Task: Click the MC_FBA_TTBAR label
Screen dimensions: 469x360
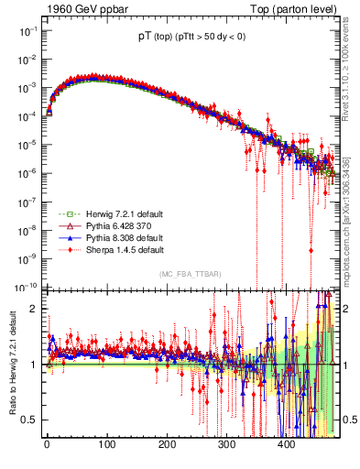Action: click(190, 275)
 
